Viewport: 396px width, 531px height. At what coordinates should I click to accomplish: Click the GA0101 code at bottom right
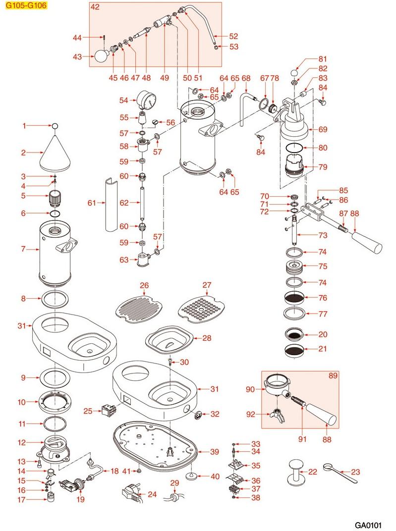click(x=370, y=524)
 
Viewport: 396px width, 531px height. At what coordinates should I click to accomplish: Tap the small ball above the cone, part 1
click(x=55, y=126)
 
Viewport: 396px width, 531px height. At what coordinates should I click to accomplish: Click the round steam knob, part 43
click(x=101, y=57)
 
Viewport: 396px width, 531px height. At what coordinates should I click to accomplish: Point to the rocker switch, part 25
click(x=109, y=410)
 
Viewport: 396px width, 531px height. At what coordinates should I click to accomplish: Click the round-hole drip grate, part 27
click(x=201, y=308)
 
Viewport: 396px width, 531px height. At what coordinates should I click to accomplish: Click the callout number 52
click(x=233, y=36)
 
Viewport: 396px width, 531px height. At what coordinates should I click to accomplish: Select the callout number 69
click(x=323, y=130)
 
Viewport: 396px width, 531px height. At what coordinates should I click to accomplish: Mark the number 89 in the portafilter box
click(x=333, y=376)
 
